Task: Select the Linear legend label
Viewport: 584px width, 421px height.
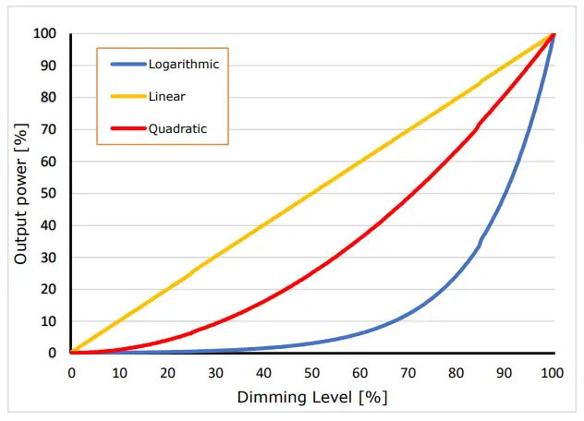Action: click(166, 96)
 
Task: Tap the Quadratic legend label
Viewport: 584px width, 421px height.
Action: click(177, 129)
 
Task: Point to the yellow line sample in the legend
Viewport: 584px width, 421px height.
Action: click(127, 96)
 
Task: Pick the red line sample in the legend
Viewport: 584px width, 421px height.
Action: click(127, 129)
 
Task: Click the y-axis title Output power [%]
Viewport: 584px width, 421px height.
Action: click(20, 193)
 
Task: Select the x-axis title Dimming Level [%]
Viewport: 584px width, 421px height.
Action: click(312, 398)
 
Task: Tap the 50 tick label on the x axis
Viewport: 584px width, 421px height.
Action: click(312, 373)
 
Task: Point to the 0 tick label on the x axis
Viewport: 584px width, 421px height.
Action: click(71, 373)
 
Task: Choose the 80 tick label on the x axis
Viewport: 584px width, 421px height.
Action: click(456, 373)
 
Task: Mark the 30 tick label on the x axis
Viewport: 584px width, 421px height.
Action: click(215, 373)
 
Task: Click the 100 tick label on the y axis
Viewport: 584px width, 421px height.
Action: click(45, 33)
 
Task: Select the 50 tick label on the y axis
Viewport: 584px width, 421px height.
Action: click(49, 193)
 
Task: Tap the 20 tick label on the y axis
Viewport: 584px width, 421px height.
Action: click(49, 289)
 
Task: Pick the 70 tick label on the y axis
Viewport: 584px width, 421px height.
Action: click(49, 129)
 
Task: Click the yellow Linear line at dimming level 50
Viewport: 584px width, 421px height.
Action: click(312, 193)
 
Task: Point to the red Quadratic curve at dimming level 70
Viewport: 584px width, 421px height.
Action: click(408, 196)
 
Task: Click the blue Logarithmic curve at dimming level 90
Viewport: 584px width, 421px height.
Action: click(505, 194)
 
